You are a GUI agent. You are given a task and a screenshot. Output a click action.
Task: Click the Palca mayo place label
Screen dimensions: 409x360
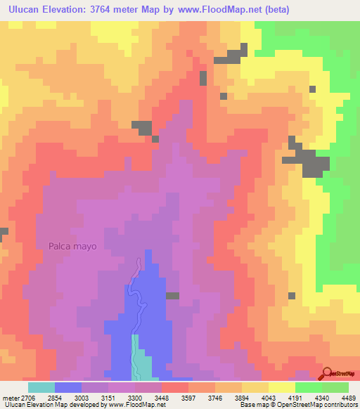72,247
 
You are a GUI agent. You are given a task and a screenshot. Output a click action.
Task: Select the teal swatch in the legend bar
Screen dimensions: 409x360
41,387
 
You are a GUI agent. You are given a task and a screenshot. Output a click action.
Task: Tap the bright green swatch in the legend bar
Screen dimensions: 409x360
308,387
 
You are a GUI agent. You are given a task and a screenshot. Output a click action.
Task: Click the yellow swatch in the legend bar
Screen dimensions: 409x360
281,387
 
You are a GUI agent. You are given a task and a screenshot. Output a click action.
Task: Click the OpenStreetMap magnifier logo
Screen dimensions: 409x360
327,373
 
